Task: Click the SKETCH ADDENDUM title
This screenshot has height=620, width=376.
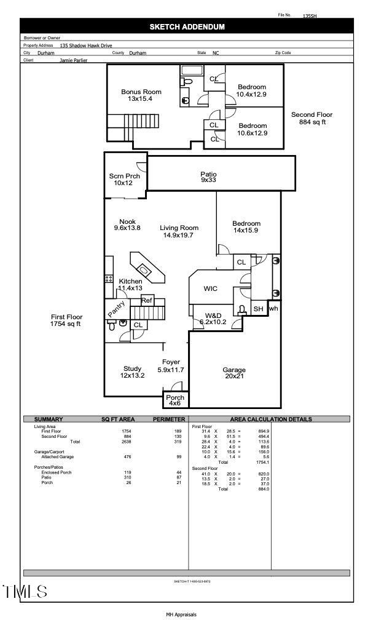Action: [187, 27]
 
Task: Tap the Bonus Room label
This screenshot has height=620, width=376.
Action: [141, 95]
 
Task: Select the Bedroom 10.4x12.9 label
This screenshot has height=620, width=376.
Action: [252, 91]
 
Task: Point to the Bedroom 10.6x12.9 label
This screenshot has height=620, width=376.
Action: [252, 129]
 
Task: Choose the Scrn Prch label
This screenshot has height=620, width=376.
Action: [125, 180]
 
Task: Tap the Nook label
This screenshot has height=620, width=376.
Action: [127, 225]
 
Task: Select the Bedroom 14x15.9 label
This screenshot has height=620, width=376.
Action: [246, 227]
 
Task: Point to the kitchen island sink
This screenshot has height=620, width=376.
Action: [144, 269]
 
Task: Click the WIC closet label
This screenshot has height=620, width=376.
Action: [211, 288]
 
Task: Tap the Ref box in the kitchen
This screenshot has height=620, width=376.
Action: [147, 300]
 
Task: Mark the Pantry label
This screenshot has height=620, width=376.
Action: [117, 309]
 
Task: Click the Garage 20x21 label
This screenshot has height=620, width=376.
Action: [233, 373]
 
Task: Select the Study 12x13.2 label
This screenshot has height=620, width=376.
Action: [132, 372]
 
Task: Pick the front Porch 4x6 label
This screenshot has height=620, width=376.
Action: [175, 400]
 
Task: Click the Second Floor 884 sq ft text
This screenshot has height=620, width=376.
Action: [311, 119]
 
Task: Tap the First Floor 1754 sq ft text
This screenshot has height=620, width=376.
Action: [66, 320]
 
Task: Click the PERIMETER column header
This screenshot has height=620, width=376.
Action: [168, 419]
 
